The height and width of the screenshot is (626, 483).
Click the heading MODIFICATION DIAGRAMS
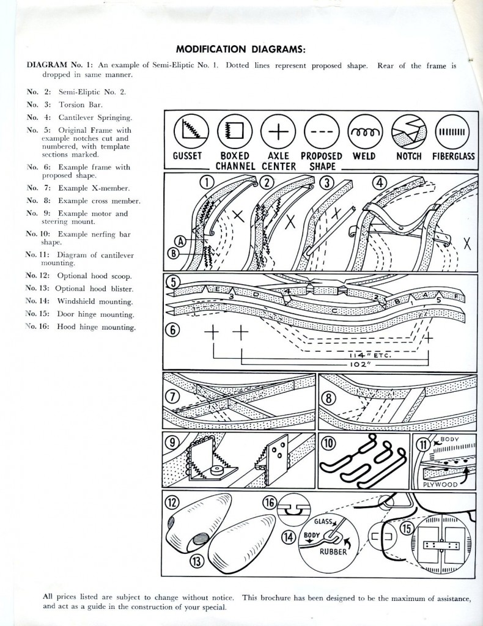(x=241, y=49)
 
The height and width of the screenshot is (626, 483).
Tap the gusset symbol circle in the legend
(x=186, y=131)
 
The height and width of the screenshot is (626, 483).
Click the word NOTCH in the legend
(x=408, y=156)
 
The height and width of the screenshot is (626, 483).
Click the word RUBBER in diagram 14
(x=330, y=553)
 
